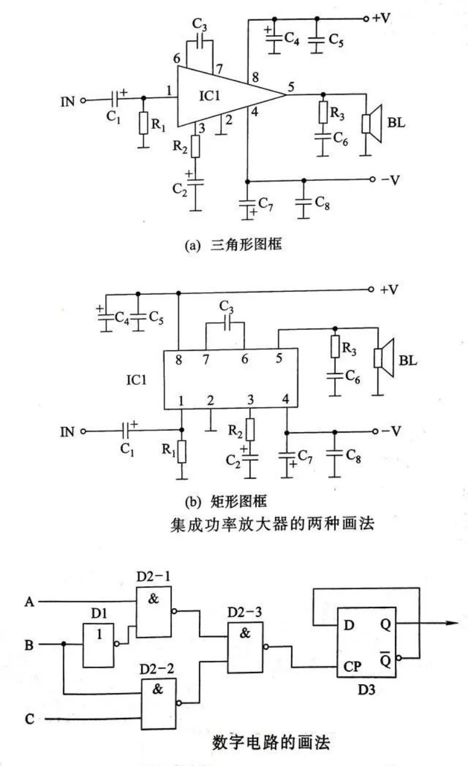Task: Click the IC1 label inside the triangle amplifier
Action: pyautogui.click(x=209, y=96)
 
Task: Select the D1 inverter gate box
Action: pyautogui.click(x=98, y=645)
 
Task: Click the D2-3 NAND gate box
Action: pyautogui.click(x=245, y=647)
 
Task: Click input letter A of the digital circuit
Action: pyautogui.click(x=29, y=602)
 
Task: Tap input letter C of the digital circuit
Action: pyautogui.click(x=30, y=719)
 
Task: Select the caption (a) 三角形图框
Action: pyautogui.click(x=233, y=245)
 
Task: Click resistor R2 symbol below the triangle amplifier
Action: pyautogui.click(x=195, y=146)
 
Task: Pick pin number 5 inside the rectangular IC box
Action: pyautogui.click(x=279, y=358)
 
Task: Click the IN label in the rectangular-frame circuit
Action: pyautogui.click(x=67, y=432)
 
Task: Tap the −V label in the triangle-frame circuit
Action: pyautogui.click(x=390, y=180)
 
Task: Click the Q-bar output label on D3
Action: pyautogui.click(x=385, y=659)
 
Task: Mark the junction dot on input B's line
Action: pyautogui.click(x=64, y=644)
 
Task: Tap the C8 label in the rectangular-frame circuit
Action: pyautogui.click(x=353, y=456)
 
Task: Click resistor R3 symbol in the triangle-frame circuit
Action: pyautogui.click(x=323, y=112)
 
